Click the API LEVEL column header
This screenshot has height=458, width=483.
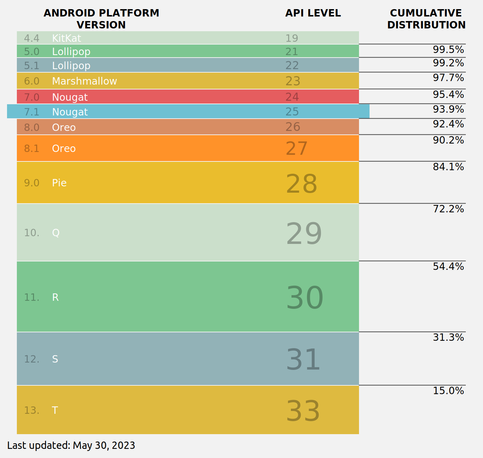click(x=313, y=13)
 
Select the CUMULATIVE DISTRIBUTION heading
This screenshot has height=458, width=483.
click(x=426, y=19)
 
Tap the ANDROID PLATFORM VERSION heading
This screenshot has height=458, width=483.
click(x=101, y=19)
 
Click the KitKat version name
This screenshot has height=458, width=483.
click(x=66, y=38)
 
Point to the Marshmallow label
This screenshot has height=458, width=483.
click(x=84, y=81)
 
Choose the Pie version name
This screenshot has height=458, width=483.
click(x=59, y=183)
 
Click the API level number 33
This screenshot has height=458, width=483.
click(x=303, y=411)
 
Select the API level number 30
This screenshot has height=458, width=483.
click(x=304, y=298)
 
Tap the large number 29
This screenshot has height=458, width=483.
click(x=303, y=234)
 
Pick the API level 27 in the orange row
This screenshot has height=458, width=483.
click(x=296, y=148)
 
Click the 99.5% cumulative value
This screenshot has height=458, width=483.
click(x=448, y=50)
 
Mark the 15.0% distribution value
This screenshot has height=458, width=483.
click(x=448, y=391)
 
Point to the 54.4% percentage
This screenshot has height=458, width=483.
click(x=448, y=267)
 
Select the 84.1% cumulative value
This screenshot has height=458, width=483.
click(x=448, y=167)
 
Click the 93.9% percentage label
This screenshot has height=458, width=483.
click(x=448, y=109)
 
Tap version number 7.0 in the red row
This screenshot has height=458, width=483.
click(x=32, y=97)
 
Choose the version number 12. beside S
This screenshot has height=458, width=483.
click(x=32, y=359)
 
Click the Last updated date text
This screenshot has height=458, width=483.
click(x=71, y=445)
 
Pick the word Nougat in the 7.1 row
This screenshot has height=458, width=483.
click(x=70, y=112)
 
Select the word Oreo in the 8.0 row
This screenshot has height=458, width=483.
click(x=64, y=127)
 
